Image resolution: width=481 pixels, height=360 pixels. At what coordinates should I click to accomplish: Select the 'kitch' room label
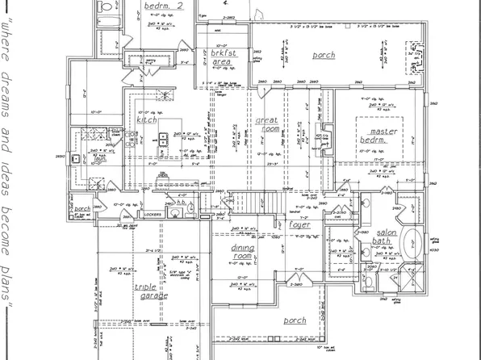(x=147, y=119)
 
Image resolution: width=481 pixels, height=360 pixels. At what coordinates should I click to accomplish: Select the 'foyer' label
(x=299, y=224)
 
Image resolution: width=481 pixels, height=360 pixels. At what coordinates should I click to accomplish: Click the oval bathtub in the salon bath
(x=412, y=244)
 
